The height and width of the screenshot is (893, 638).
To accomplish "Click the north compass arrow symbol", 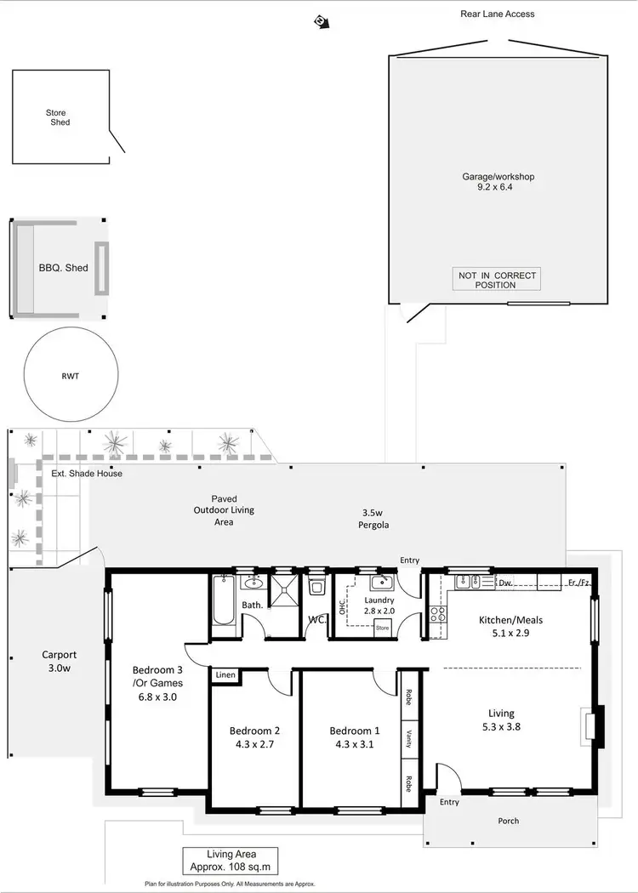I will click(x=321, y=20).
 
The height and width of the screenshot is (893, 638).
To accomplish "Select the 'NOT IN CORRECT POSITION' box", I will click(x=498, y=280).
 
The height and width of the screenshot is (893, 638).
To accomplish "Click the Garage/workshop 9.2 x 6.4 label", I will click(x=498, y=181).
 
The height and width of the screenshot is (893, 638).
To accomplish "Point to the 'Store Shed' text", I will click(x=57, y=117).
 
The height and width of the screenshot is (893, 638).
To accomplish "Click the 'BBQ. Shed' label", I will click(x=63, y=268).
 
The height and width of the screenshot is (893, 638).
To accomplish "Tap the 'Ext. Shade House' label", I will click(x=87, y=473).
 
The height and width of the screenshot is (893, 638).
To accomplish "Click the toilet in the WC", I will click(x=317, y=587).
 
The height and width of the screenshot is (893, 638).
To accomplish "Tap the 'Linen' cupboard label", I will click(x=225, y=675).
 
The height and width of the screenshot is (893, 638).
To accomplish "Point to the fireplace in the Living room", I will click(x=593, y=726).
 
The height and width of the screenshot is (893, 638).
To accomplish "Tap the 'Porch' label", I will click(x=508, y=821).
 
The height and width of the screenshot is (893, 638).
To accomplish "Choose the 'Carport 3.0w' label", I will click(x=60, y=661).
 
